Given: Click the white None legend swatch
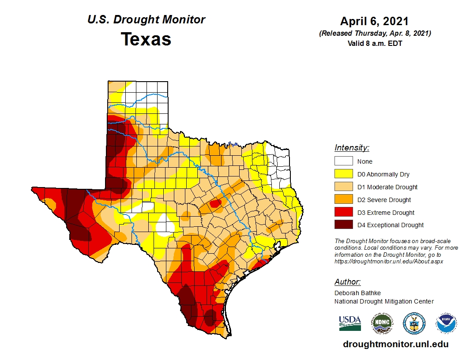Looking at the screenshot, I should (343, 161).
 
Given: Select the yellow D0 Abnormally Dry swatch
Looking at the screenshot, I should (343, 174).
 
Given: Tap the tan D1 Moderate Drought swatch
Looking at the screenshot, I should (343, 187).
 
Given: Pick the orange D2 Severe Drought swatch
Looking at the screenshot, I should (343, 199).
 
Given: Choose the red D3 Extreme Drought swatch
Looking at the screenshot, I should (343, 212).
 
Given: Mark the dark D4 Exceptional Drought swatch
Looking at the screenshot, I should (343, 225).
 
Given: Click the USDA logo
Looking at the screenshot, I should (350, 323).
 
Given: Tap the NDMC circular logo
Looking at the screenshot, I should (381, 323).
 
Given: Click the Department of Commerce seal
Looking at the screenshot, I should (414, 323).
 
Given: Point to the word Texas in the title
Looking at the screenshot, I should (146, 39).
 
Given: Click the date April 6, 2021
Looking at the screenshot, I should (374, 22).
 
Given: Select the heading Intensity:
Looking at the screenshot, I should (352, 148).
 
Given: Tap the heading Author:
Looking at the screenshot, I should (347, 282).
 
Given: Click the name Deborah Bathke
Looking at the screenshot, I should (357, 293).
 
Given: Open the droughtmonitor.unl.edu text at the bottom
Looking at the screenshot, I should (395, 345).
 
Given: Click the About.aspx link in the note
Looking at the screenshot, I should (388, 261).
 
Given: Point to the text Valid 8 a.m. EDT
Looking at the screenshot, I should (374, 43).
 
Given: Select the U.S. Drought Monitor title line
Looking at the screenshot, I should (146, 20).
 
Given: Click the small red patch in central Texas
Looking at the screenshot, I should (216, 203).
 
